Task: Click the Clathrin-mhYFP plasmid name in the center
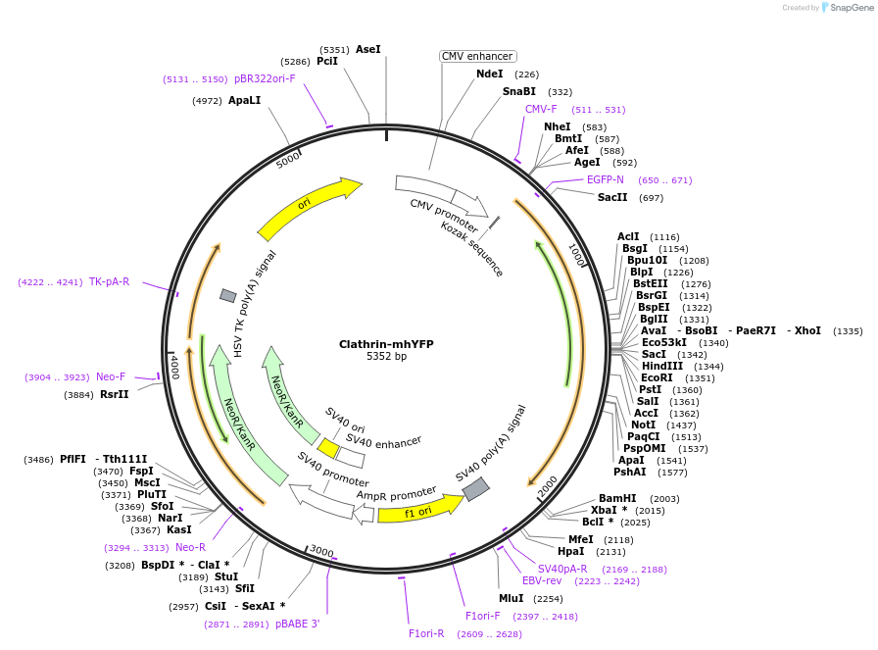(x=386, y=344)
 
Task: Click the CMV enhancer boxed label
(x=477, y=56)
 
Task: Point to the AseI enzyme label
(x=368, y=49)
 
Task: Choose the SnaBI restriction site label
(x=519, y=91)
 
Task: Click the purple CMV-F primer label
(x=541, y=110)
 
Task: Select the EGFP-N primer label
(x=606, y=180)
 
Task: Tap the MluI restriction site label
(x=512, y=598)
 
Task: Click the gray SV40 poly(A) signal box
(x=475, y=488)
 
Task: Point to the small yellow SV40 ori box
(x=329, y=448)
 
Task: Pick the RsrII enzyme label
(x=115, y=395)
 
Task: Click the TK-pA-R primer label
(x=109, y=281)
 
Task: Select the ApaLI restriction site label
(x=244, y=100)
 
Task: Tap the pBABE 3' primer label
(x=297, y=624)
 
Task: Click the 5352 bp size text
(x=386, y=357)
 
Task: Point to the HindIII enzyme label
(x=662, y=366)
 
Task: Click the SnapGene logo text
(x=848, y=8)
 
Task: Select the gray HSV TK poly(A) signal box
(x=228, y=295)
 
